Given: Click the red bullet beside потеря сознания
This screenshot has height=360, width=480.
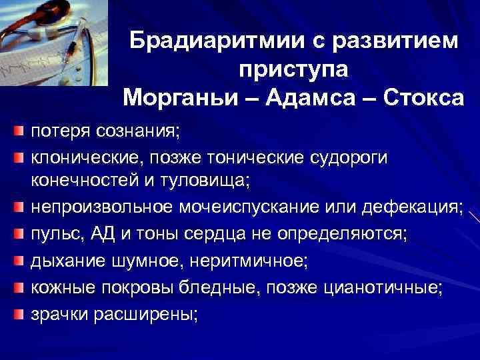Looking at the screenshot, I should click(20, 129).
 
